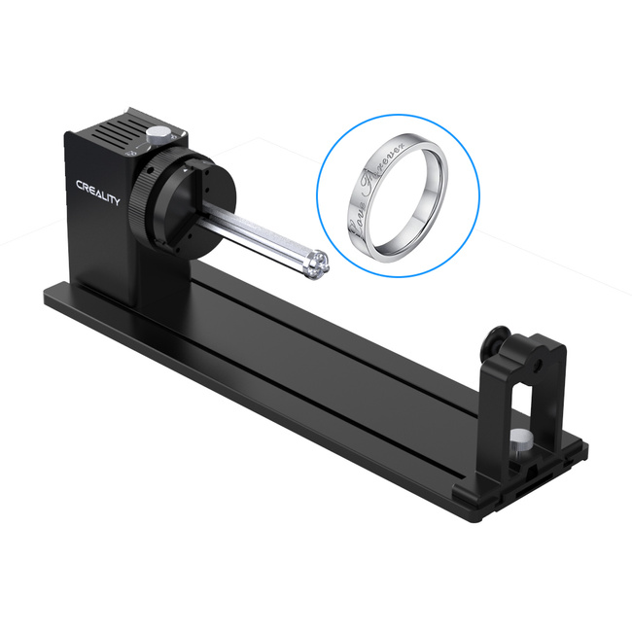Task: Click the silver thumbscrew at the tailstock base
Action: pos(523,439)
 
